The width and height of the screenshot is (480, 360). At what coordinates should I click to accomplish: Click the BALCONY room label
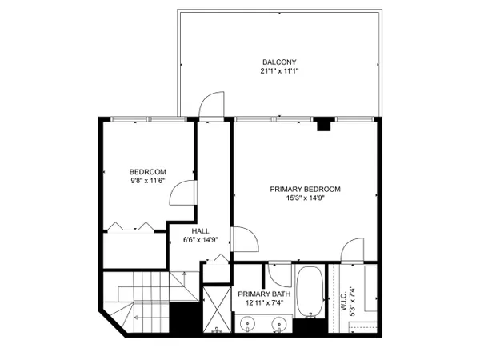[x=279, y=62]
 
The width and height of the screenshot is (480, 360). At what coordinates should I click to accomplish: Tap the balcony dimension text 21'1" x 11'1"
[x=279, y=71]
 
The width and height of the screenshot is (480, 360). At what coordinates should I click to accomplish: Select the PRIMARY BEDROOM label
[x=305, y=189]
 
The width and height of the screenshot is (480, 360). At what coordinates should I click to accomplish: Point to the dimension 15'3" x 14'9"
[x=305, y=198]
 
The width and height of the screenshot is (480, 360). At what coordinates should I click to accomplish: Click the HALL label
[x=201, y=231]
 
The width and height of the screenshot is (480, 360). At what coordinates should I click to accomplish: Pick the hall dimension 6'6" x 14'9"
[x=201, y=240]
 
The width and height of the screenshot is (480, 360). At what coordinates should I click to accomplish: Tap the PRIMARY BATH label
[x=264, y=294]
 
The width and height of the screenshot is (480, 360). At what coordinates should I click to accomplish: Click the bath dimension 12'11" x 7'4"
[x=264, y=303]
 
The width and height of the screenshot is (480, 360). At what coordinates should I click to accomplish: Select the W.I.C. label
[x=343, y=301]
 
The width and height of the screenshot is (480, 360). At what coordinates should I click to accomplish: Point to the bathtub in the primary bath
[x=310, y=292]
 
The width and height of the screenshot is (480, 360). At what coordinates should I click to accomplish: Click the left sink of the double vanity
[x=248, y=323]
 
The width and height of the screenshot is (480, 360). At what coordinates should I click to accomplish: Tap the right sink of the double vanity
[x=279, y=323]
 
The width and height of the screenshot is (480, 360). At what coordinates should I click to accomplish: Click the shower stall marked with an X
[x=217, y=310]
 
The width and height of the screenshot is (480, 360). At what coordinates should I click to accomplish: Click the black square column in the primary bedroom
[x=324, y=124]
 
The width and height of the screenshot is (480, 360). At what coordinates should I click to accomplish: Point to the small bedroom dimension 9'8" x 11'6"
[x=148, y=181]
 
